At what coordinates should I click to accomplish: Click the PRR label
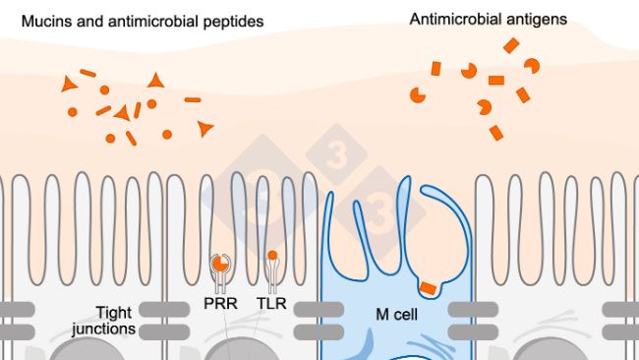tap(222, 305)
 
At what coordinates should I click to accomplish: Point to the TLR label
tap(271, 305)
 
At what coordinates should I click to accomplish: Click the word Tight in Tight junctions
tap(115, 311)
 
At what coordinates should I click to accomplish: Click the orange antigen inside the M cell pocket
tap(428, 287)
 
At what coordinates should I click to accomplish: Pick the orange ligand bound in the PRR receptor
tap(221, 264)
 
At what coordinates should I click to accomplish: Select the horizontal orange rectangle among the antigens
tap(496, 80)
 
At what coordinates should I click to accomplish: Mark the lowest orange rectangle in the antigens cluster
tap(496, 132)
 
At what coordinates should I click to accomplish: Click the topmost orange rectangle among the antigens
tap(511, 45)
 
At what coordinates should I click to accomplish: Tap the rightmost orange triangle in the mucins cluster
tap(204, 128)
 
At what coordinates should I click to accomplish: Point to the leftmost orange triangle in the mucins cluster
tap(69, 86)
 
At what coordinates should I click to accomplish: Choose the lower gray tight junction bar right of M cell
tap(469, 331)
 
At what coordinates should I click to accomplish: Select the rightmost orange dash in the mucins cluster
tap(193, 99)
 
